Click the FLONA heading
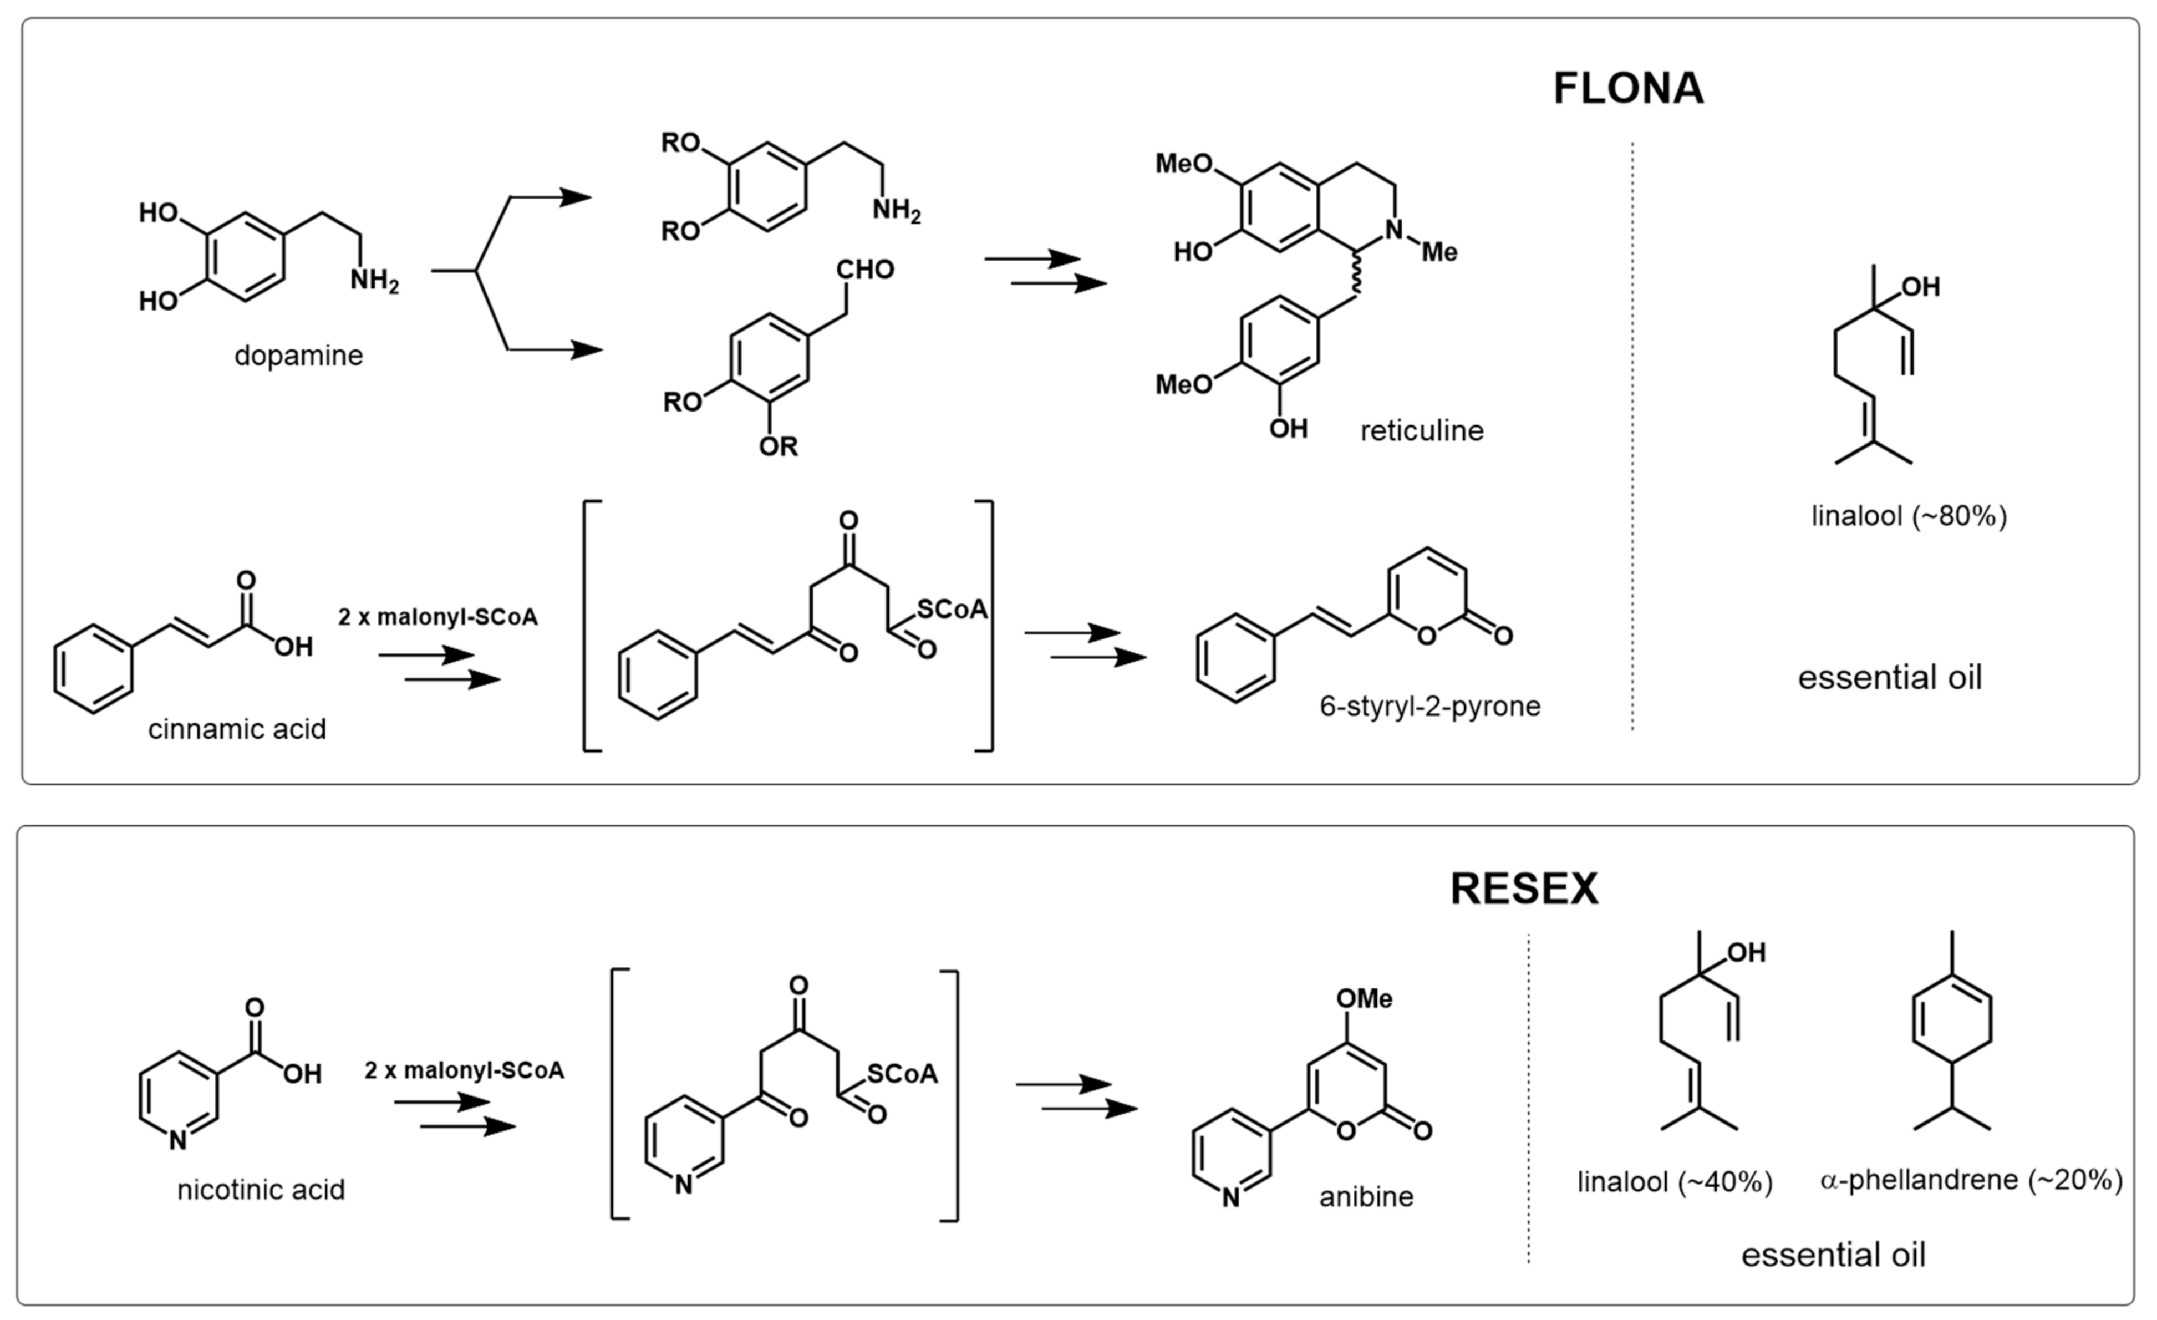(1627, 88)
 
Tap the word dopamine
(298, 356)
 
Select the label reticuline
(1422, 430)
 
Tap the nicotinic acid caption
(261, 1190)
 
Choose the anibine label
(1366, 1196)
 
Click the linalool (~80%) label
(1909, 516)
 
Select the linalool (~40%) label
(1675, 1182)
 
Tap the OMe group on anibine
(1364, 999)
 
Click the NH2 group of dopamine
(374, 281)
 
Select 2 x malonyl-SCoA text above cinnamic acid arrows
(437, 618)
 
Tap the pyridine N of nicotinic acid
(177, 1140)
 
